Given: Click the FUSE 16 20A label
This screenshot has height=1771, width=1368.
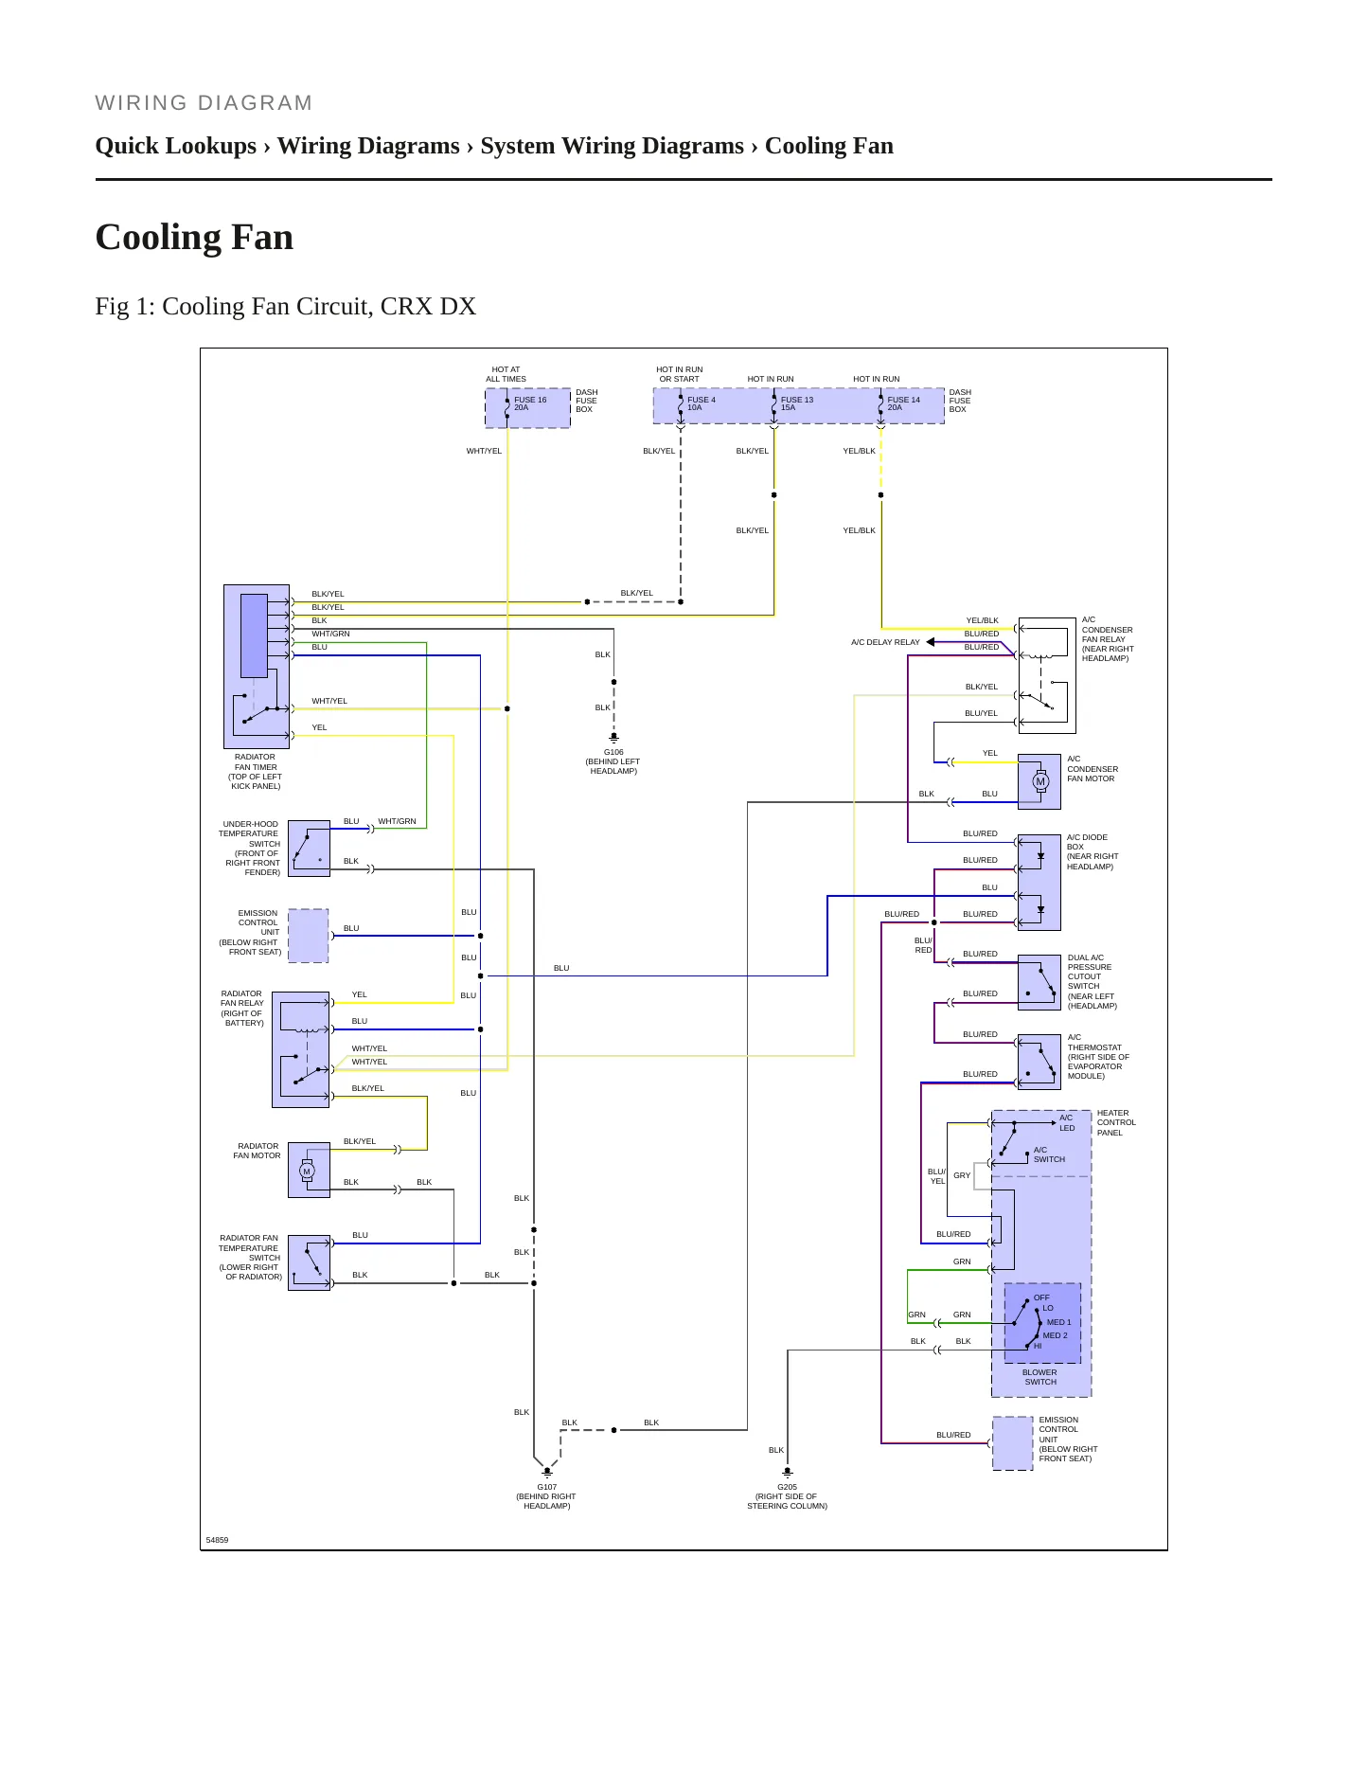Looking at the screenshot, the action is point(530,403).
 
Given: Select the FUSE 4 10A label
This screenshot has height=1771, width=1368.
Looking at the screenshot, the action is point(702,403).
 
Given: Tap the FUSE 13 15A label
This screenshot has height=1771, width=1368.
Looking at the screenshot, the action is point(797,403).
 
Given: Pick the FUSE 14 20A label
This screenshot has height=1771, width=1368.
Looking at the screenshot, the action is point(903,403).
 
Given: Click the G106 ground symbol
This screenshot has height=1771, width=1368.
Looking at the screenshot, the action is point(613,738).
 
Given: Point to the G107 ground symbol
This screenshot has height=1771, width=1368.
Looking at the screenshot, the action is point(547,1473).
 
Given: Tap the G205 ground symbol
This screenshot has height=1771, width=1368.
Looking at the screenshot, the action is point(787,1473).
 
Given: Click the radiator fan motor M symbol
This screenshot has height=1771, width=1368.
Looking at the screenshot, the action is point(307,1172).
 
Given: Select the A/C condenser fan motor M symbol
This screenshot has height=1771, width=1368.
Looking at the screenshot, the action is point(1040,781).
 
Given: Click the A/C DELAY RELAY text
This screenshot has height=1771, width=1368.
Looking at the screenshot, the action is point(885,642).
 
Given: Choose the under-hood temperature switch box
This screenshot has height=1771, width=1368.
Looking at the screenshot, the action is point(309,849).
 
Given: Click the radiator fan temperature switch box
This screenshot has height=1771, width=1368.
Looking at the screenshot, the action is point(309,1262).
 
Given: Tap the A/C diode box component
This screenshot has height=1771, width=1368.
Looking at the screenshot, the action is point(1039,883).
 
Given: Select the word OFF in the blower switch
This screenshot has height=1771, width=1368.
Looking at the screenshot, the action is point(1041,1297).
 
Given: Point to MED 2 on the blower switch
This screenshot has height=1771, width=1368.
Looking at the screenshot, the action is point(1055,1335).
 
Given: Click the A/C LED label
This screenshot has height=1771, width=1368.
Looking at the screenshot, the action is point(1067,1123).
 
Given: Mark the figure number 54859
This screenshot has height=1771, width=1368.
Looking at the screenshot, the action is point(217,1540).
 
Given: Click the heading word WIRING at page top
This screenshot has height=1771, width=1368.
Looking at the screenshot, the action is point(141,103).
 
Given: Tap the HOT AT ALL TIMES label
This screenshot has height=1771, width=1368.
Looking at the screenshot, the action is point(506,374).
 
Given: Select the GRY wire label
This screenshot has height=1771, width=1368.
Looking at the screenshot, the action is point(962,1175).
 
